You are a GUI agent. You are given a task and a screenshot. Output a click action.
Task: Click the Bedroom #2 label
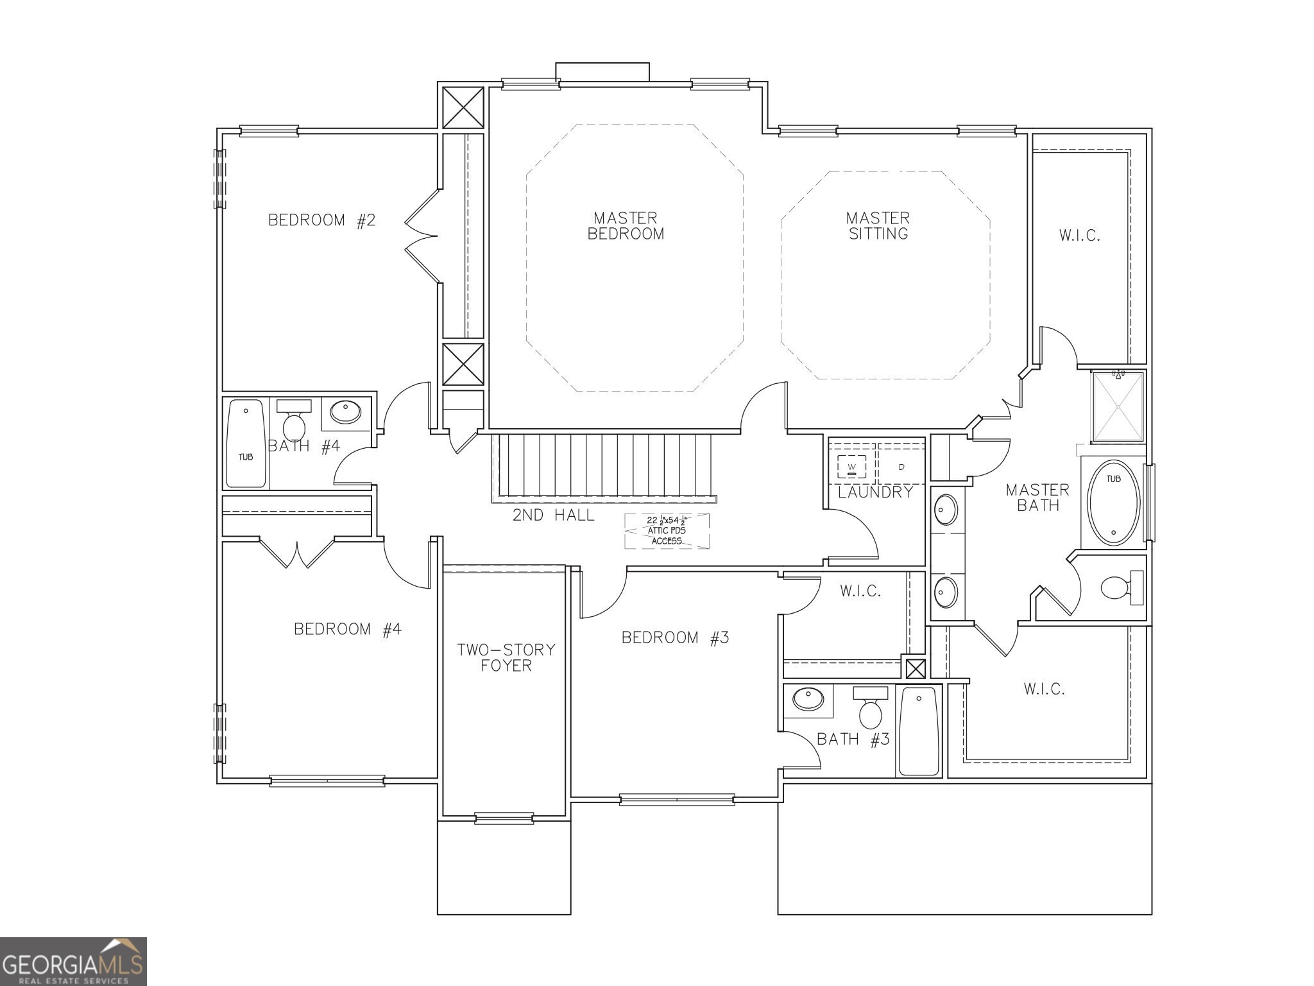[321, 220]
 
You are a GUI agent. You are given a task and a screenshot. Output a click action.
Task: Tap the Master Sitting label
[878, 226]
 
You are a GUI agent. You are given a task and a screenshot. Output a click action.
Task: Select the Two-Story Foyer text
[506, 657]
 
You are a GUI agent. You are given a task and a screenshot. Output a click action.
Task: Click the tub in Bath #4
[246, 444]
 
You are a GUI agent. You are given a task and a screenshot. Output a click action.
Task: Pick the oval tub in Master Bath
[1113, 503]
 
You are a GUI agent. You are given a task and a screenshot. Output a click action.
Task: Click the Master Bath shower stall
[1118, 407]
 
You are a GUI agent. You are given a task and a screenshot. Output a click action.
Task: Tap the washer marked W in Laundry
[851, 465]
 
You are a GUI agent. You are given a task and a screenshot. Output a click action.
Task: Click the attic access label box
[667, 531]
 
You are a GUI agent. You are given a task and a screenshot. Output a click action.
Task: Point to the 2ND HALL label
[553, 515]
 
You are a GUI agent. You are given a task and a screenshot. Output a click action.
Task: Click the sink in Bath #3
[808, 699]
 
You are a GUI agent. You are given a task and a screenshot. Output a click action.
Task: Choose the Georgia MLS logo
[73, 962]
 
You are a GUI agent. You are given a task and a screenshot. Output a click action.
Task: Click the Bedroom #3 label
[675, 637]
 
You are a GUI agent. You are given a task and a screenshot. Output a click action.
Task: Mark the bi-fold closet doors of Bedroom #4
[297, 553]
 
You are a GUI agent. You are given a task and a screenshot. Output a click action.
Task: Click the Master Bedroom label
[626, 226]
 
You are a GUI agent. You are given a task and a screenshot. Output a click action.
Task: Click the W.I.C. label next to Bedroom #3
[860, 591]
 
